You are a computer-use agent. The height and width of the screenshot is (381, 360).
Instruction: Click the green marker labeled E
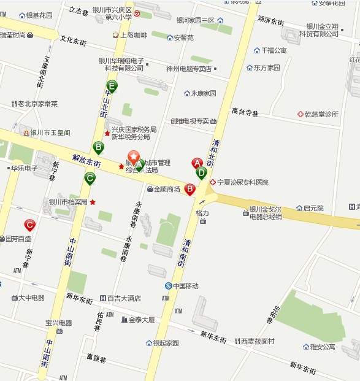point(112,87)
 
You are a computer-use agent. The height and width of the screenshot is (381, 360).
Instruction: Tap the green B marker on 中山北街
point(98,147)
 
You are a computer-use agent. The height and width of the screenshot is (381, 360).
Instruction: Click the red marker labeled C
point(29,225)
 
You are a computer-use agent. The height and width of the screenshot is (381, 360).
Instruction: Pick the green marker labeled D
point(201,173)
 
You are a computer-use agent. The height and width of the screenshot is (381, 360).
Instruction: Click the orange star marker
point(133,157)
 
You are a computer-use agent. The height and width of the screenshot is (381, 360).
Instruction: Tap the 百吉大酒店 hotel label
point(124,298)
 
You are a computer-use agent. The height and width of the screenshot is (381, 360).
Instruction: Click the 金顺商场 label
point(167,190)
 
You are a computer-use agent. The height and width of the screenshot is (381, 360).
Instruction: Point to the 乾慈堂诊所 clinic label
point(321,114)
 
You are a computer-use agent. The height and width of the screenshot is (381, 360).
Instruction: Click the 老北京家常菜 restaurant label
point(37,104)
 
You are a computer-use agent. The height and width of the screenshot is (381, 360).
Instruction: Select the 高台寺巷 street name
point(245,112)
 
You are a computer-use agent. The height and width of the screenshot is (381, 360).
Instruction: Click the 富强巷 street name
point(96,357)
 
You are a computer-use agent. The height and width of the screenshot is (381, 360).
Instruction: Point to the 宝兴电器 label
point(58,323)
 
